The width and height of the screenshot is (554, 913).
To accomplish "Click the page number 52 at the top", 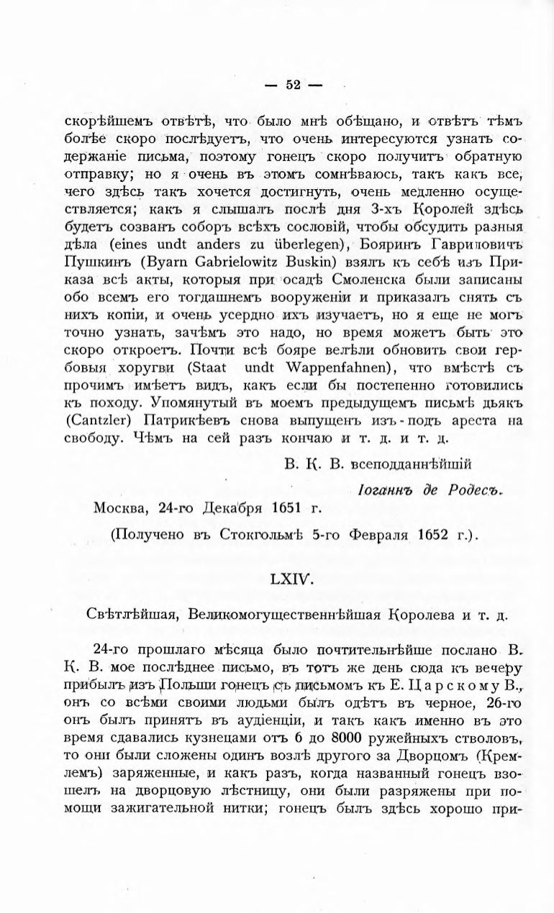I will [x=293, y=84].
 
